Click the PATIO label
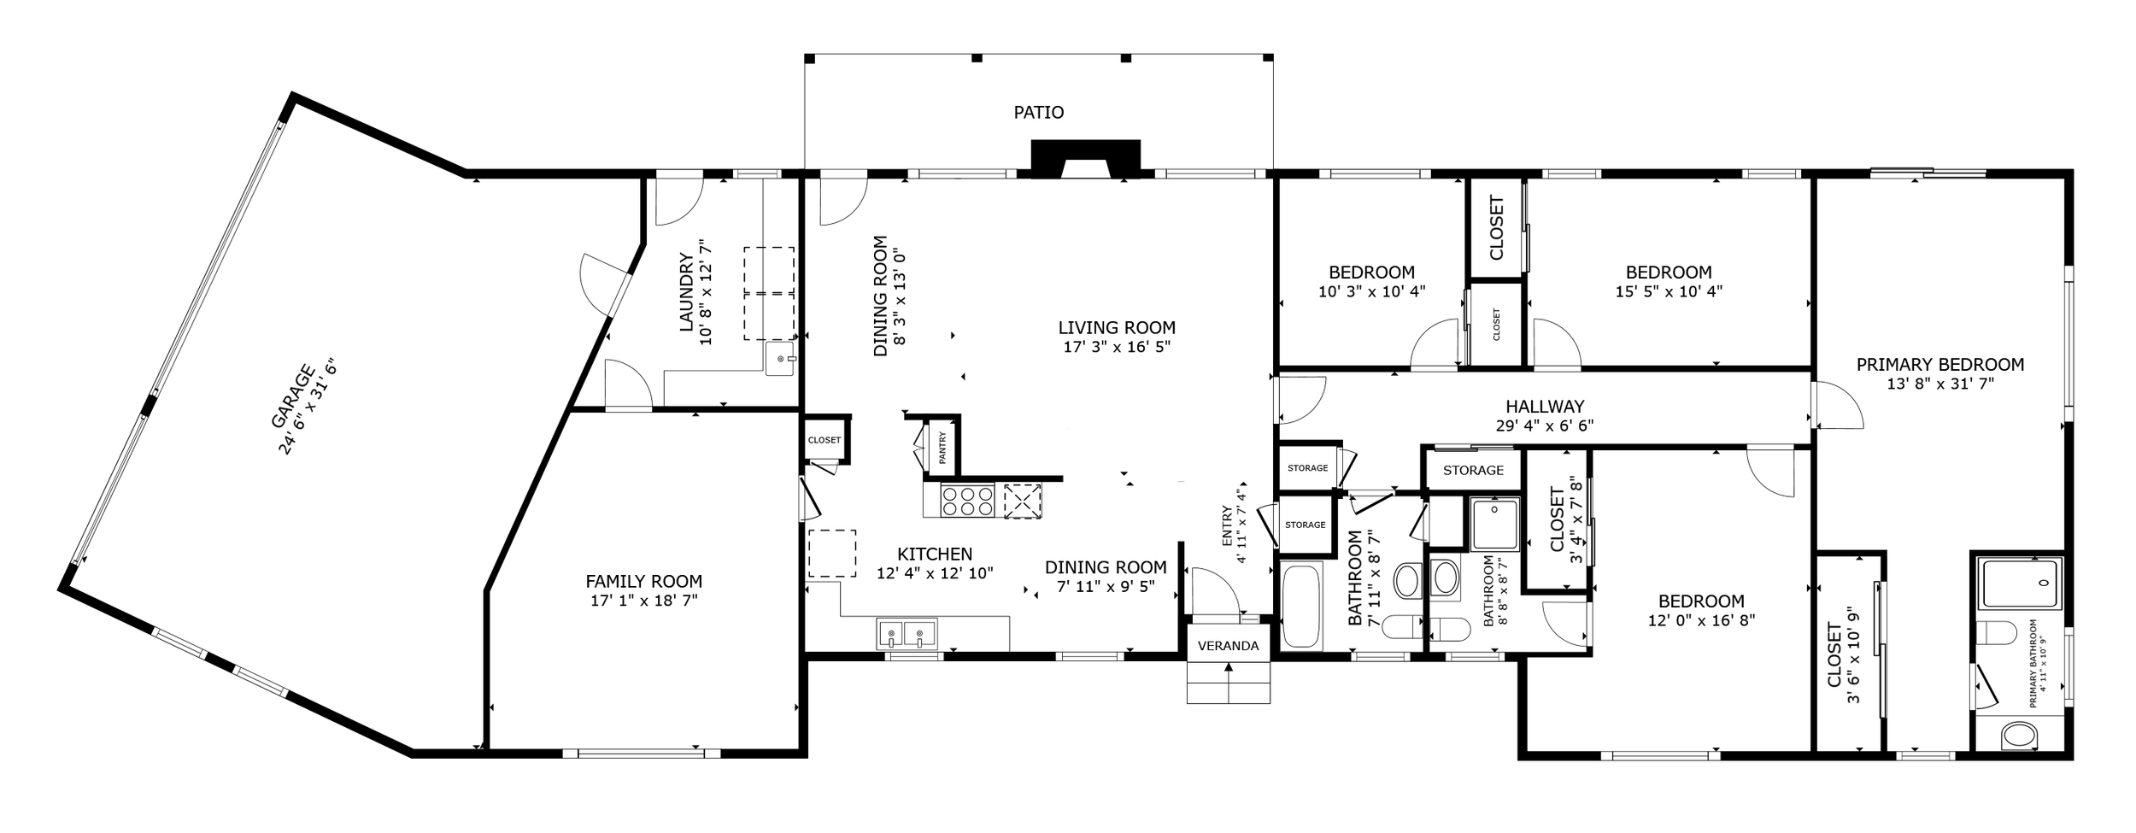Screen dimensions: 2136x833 pyautogui.click(x=1038, y=112)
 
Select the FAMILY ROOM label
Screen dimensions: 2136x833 pyautogui.click(x=643, y=582)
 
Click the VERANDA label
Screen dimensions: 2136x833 pyautogui.click(x=1228, y=646)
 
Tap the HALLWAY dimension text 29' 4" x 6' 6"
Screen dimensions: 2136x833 pyautogui.click(x=1545, y=425)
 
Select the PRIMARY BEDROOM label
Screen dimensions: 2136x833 pyautogui.click(x=1939, y=365)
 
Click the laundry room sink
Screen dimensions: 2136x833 pyautogui.click(x=779, y=360)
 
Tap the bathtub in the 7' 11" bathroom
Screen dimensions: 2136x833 pyautogui.click(x=1301, y=606)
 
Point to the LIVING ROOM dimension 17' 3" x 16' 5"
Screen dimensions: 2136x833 pyautogui.click(x=1116, y=347)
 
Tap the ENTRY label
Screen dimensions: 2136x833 pyautogui.click(x=1228, y=526)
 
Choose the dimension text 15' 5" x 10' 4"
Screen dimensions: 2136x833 pyautogui.click(x=1668, y=290)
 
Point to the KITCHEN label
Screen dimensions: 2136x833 pyautogui.click(x=935, y=554)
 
